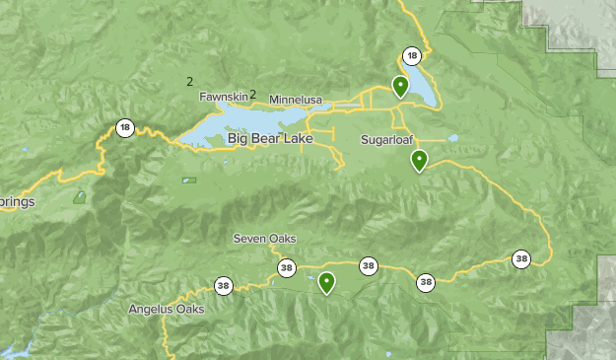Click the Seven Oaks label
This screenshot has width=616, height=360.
264,239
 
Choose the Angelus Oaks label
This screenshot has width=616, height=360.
166,309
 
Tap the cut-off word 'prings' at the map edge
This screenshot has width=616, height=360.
18,202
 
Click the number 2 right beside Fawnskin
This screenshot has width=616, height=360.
253,95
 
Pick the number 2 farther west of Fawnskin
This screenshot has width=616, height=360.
190,82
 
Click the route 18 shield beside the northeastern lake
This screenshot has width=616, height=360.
412,55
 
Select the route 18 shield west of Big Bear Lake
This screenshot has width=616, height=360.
124,127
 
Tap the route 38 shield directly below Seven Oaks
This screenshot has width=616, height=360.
286,266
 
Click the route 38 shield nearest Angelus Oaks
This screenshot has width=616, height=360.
224,285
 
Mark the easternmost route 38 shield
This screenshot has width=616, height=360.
521,258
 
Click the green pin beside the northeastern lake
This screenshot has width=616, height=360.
400,86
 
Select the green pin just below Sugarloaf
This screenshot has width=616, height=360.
419,160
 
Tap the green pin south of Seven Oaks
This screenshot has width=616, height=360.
325,283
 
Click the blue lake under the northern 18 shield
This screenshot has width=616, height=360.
423,84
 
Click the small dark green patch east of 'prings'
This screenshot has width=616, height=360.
79,196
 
